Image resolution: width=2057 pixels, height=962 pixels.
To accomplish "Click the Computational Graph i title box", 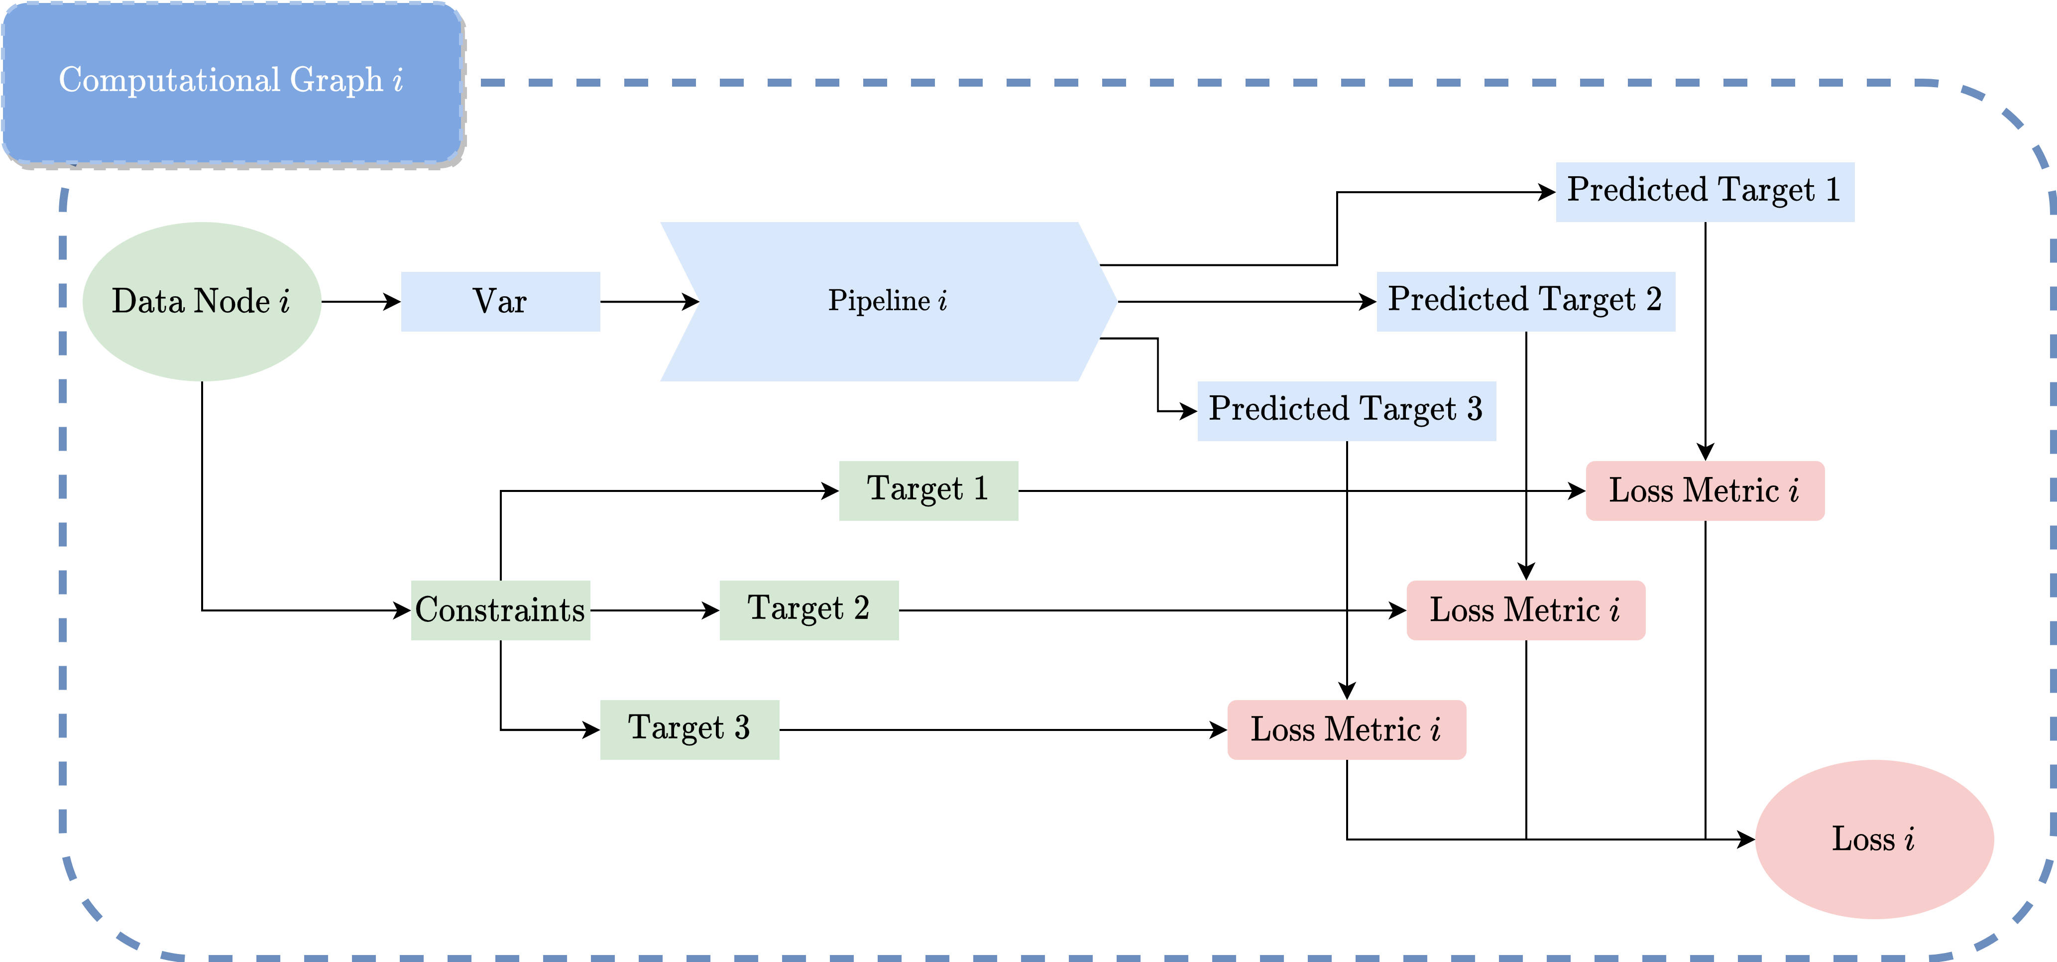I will tap(231, 82).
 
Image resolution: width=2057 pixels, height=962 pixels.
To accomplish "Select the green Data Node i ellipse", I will tap(201, 301).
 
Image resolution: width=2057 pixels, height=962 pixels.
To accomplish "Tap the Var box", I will tap(500, 301).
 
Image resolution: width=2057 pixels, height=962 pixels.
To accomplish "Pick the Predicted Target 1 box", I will tap(1705, 192).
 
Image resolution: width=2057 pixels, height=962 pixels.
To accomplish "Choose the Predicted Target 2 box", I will tap(1525, 301).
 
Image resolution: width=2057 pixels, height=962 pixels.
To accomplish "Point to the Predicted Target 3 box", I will tap(1346, 411).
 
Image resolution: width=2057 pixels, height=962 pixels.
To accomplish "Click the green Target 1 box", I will tap(928, 490).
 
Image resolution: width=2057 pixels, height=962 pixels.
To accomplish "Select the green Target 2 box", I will tap(808, 609).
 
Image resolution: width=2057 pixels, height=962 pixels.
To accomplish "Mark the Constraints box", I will tap(500, 609).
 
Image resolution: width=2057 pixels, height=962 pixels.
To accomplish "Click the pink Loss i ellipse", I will tap(1873, 839).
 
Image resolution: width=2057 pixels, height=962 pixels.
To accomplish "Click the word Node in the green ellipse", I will tap(231, 301).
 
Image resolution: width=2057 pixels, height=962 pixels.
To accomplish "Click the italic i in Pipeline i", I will tap(943, 300).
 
